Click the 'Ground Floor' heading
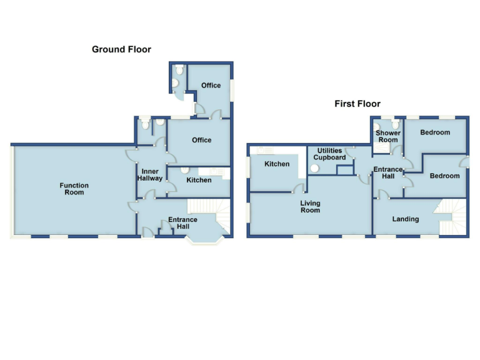point(121,49)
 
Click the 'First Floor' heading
point(357,104)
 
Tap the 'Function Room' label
point(74,189)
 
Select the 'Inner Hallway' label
point(151,174)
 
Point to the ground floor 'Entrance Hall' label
point(182,223)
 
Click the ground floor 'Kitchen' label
point(198,180)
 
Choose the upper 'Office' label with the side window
point(211,86)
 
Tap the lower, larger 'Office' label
point(201,140)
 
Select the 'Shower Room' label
point(387,136)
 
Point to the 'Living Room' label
point(310,207)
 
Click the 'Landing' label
point(405,219)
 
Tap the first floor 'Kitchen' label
point(277,164)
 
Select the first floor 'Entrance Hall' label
point(387,172)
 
